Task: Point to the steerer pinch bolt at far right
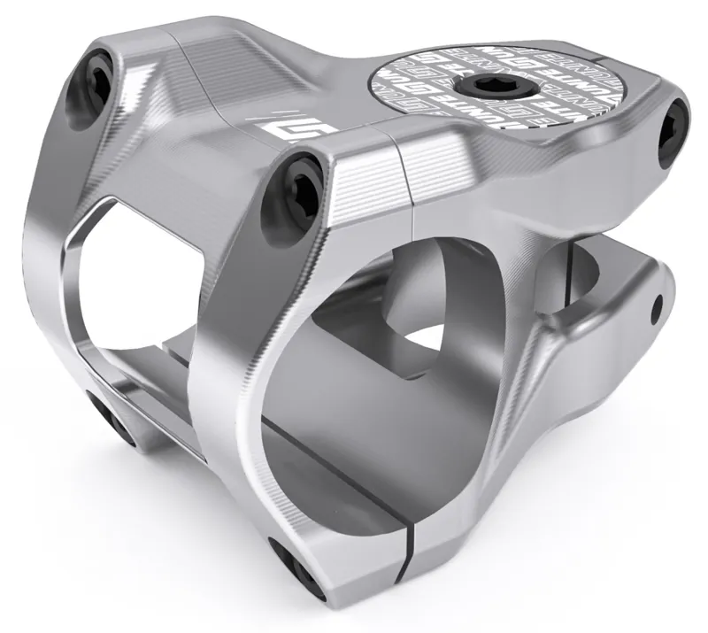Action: tap(673, 130)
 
